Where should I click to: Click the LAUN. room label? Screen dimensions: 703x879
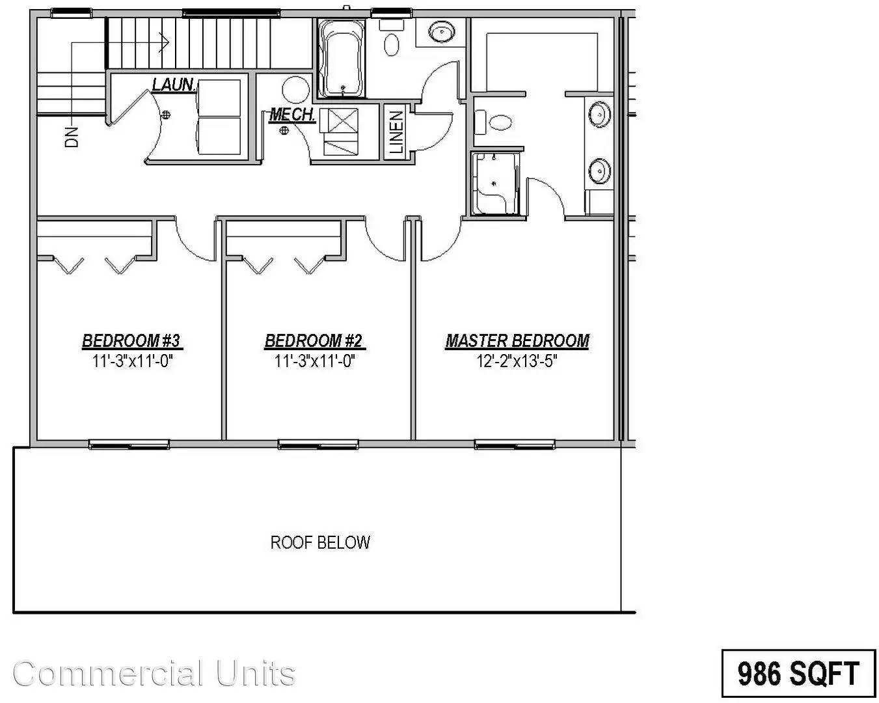click(174, 84)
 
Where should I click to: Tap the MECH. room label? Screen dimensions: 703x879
click(292, 115)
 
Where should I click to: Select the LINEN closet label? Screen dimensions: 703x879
click(396, 133)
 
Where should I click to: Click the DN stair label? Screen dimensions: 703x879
click(72, 135)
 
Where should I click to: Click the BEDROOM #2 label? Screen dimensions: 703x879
click(314, 340)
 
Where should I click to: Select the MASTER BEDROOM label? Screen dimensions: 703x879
click(517, 340)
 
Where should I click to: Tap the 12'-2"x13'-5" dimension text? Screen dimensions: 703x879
click(517, 361)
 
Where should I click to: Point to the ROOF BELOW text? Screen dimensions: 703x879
click(320, 542)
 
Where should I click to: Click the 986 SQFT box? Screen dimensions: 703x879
click(798, 672)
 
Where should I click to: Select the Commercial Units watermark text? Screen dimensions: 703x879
click(154, 673)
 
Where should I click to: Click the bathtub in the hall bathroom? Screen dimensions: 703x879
click(342, 59)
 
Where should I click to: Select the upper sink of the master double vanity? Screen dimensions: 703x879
click(599, 115)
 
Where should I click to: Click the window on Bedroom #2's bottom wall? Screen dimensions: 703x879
click(318, 445)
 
